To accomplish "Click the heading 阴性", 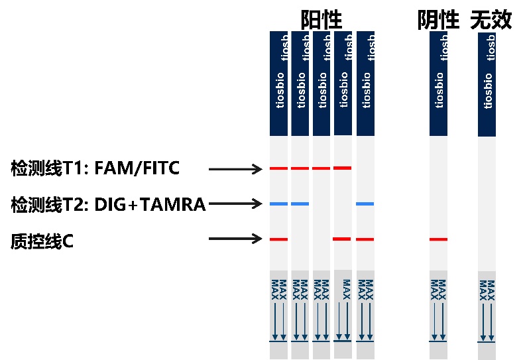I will pos(438,20).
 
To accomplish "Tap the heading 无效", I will pos(491,20).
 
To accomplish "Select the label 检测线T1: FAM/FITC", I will pos(95,168).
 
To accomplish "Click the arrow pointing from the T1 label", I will pos(235,170).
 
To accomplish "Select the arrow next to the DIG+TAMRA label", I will pos(235,204).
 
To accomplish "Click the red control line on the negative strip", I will pos(438,239).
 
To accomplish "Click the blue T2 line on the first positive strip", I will pos(278,204).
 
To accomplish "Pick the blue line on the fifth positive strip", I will pos(365,204).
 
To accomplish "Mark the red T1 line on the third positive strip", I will pos(321,168).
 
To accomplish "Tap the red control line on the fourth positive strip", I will pos(343,239).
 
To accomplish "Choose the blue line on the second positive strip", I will pos(300,204).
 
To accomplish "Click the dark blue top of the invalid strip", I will pos(487,83).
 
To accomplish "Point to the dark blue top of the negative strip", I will pos(438,83).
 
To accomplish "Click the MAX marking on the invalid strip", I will pos(487,288).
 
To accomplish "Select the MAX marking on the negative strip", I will pos(438,288).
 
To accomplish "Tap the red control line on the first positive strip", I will pos(278,239).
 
